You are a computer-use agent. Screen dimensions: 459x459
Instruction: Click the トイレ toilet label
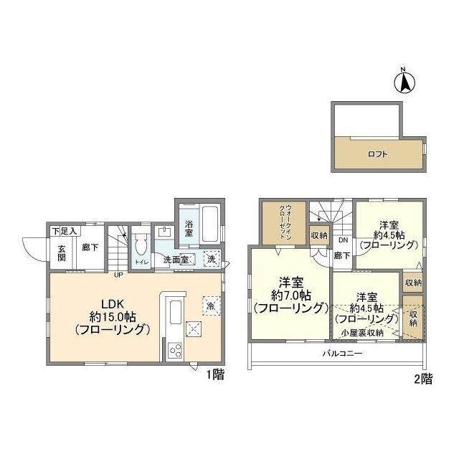[141, 262]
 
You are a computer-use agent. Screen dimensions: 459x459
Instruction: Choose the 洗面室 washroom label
[175, 259]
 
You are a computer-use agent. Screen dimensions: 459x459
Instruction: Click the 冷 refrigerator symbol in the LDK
[211, 305]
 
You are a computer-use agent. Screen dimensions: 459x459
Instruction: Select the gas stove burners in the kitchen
[175, 351]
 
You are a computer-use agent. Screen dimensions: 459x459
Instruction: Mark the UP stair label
[117, 273]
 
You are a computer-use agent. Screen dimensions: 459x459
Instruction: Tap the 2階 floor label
[423, 379]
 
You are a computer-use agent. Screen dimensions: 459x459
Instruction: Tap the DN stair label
[343, 240]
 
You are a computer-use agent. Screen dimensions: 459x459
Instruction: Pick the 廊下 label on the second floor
[342, 255]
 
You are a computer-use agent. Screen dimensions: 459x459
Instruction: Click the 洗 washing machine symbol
[212, 260]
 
